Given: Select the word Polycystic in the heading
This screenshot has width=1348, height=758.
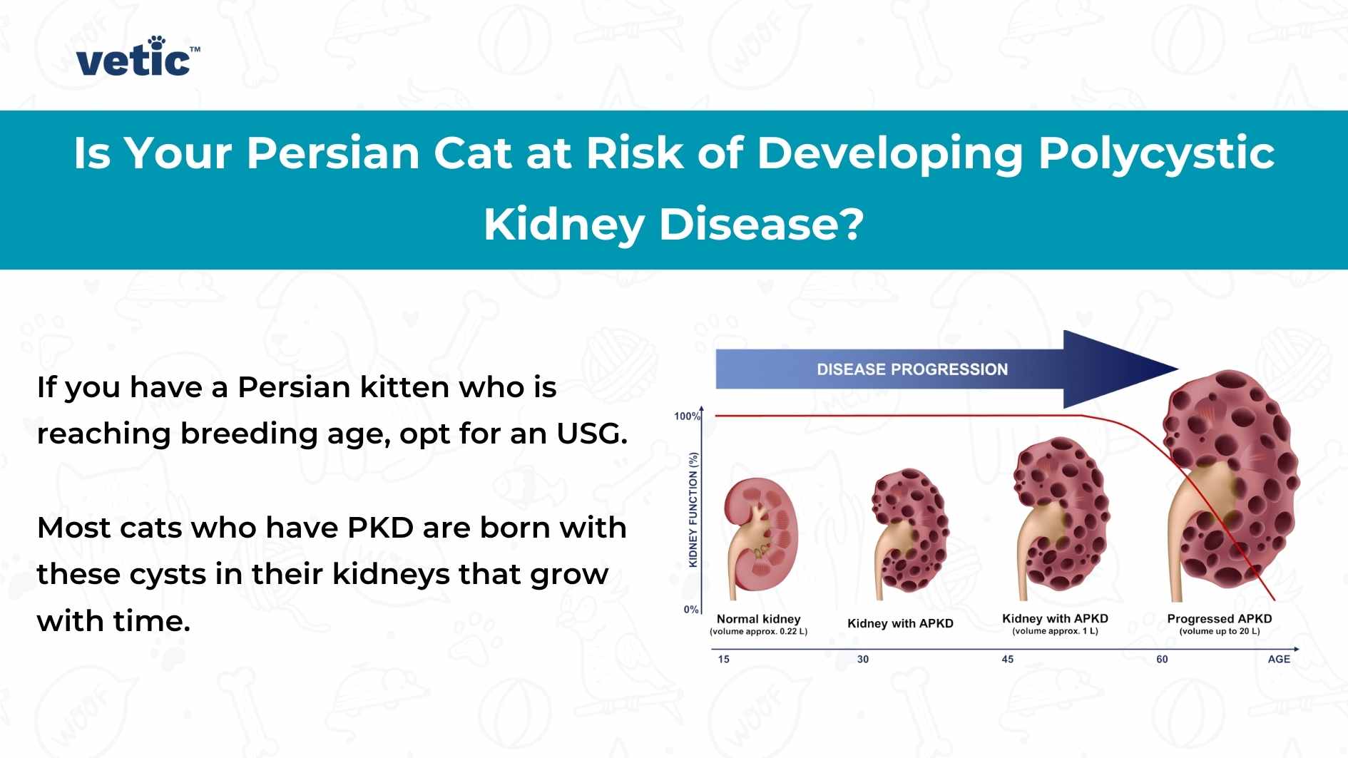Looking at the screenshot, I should point(1156,153).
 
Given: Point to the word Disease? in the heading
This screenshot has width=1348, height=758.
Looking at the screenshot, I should point(761,224).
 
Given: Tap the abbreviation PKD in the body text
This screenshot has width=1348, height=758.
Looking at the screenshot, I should point(380,528).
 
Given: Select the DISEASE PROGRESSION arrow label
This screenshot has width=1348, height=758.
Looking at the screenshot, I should point(912,369).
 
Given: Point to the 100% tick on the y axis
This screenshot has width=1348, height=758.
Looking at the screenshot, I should point(687,416).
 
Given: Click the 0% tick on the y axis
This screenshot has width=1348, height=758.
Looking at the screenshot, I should point(690,610).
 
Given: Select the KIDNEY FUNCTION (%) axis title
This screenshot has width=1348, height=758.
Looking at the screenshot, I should point(693,509).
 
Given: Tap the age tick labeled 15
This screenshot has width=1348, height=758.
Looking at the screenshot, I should point(723,659).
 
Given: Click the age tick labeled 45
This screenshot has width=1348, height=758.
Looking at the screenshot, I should point(1007,659).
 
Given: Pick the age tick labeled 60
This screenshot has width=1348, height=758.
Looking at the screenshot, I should point(1162,659).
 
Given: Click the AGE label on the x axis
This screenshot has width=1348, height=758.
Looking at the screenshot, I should point(1278,659).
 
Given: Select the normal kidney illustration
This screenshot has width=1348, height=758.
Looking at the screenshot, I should point(760,535).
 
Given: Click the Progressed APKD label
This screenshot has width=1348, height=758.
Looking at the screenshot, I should point(1219,618).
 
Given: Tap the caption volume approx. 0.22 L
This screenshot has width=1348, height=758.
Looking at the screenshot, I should point(758,632).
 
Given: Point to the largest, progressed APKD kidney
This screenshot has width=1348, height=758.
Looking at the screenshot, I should point(1230,485).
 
